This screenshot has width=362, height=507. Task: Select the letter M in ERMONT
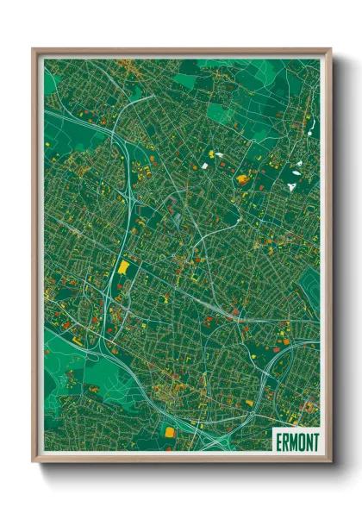point(294,441)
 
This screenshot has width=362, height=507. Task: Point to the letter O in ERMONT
point(302,441)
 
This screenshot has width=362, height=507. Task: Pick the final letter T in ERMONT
point(315,441)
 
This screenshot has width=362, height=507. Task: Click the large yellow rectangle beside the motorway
point(122,268)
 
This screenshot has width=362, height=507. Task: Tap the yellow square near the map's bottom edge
point(170,430)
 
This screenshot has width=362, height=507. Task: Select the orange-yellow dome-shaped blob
point(243,179)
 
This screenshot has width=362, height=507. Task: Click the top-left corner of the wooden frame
point(34,50)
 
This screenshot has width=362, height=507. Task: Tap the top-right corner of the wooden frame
point(330,50)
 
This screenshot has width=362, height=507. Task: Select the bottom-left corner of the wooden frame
point(34,460)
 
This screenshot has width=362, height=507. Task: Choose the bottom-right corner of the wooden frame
point(330,460)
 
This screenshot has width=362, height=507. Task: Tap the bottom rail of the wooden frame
point(181,458)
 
